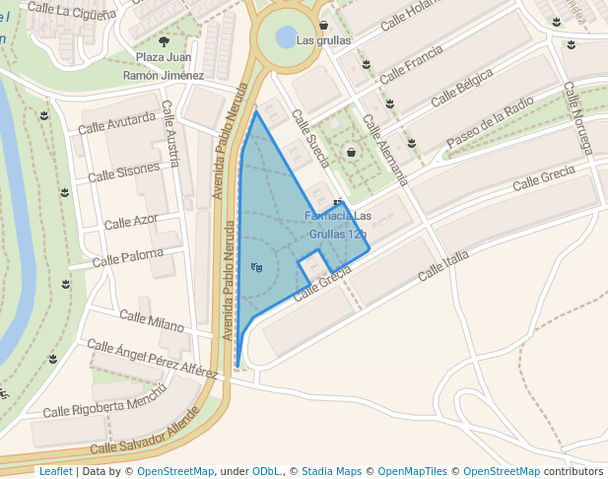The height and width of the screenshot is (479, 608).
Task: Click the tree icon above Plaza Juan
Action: [x=164, y=41]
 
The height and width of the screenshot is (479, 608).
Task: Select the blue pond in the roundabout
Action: [x=285, y=37]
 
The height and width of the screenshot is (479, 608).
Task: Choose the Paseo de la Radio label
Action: [x=490, y=123]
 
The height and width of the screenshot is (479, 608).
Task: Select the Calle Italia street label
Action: [x=443, y=264]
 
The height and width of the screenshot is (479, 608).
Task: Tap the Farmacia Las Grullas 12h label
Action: [x=338, y=225]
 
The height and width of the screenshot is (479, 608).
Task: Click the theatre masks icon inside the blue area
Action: [x=257, y=267]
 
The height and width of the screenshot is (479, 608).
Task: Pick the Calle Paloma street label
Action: [x=128, y=259]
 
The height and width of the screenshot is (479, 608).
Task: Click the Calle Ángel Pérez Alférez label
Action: [x=153, y=359]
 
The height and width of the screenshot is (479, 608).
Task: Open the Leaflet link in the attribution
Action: [x=55, y=471]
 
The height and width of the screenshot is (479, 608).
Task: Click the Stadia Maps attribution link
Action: [x=331, y=471]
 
